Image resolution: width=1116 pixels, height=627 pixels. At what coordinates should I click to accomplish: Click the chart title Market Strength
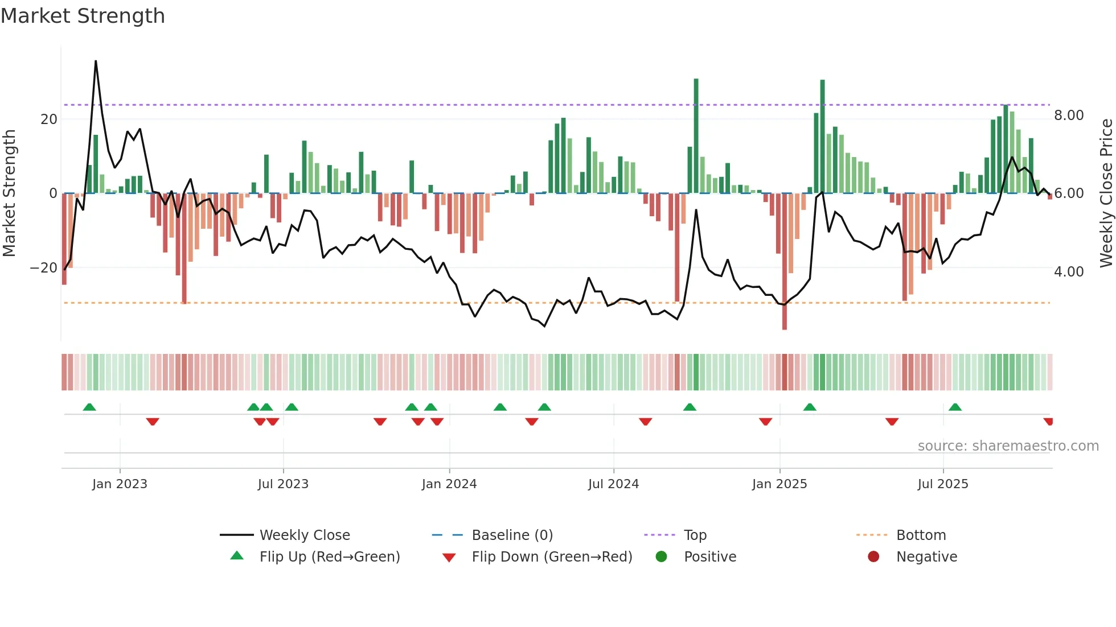tap(83, 16)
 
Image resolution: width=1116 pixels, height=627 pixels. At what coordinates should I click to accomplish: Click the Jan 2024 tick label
tap(449, 484)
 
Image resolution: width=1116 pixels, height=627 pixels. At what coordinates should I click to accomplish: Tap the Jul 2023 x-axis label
tap(282, 484)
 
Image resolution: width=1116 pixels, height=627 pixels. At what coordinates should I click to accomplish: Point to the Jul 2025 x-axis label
tap(942, 484)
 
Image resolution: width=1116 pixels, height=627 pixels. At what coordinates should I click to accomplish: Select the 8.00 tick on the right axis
tap(1068, 115)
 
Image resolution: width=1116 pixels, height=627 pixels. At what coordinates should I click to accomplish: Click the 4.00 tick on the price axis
tap(1068, 272)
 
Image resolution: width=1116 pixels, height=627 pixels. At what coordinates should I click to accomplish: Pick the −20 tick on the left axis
tap(43, 268)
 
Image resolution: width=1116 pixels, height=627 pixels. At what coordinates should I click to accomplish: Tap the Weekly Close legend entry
tap(304, 535)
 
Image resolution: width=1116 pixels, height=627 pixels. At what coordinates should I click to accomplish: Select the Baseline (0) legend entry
tap(512, 535)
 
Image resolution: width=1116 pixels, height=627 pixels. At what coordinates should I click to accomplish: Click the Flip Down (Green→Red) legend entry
tap(551, 557)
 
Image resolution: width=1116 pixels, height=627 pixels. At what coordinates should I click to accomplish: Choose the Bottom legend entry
tap(920, 535)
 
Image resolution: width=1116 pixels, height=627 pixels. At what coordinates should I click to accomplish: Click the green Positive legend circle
tap(661, 557)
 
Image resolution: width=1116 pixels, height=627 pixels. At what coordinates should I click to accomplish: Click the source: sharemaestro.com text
tap(1008, 446)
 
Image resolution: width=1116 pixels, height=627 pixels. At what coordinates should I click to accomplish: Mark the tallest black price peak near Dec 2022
tap(96, 61)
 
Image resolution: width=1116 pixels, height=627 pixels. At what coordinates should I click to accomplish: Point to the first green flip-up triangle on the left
tap(89, 407)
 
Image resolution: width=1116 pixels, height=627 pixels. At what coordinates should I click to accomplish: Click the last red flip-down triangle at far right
tap(1048, 422)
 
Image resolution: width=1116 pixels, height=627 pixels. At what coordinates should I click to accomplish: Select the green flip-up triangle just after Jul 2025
tap(955, 407)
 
